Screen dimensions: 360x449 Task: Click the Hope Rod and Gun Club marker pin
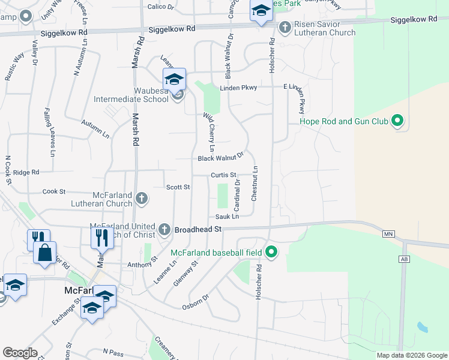[x=396, y=122]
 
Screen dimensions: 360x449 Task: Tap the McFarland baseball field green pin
[x=271, y=253]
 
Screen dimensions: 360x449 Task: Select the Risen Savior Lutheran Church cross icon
[x=285, y=27]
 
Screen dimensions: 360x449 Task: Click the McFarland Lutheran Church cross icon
[x=141, y=197]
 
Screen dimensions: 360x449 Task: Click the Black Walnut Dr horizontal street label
[x=220, y=158]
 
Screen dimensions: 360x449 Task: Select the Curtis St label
[x=223, y=175]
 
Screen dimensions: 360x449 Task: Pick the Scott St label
[x=178, y=187]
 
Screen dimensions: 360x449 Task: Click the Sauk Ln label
[x=227, y=216]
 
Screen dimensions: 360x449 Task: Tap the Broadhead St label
[x=198, y=229]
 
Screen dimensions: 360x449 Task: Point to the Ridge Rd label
[x=26, y=172]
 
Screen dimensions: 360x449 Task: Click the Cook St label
[x=54, y=191]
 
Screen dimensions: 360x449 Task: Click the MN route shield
[x=388, y=233]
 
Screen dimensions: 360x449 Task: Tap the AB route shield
[x=403, y=259]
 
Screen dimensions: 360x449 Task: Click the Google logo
[x=19, y=353]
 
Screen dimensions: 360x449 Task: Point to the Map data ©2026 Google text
[x=412, y=355]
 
